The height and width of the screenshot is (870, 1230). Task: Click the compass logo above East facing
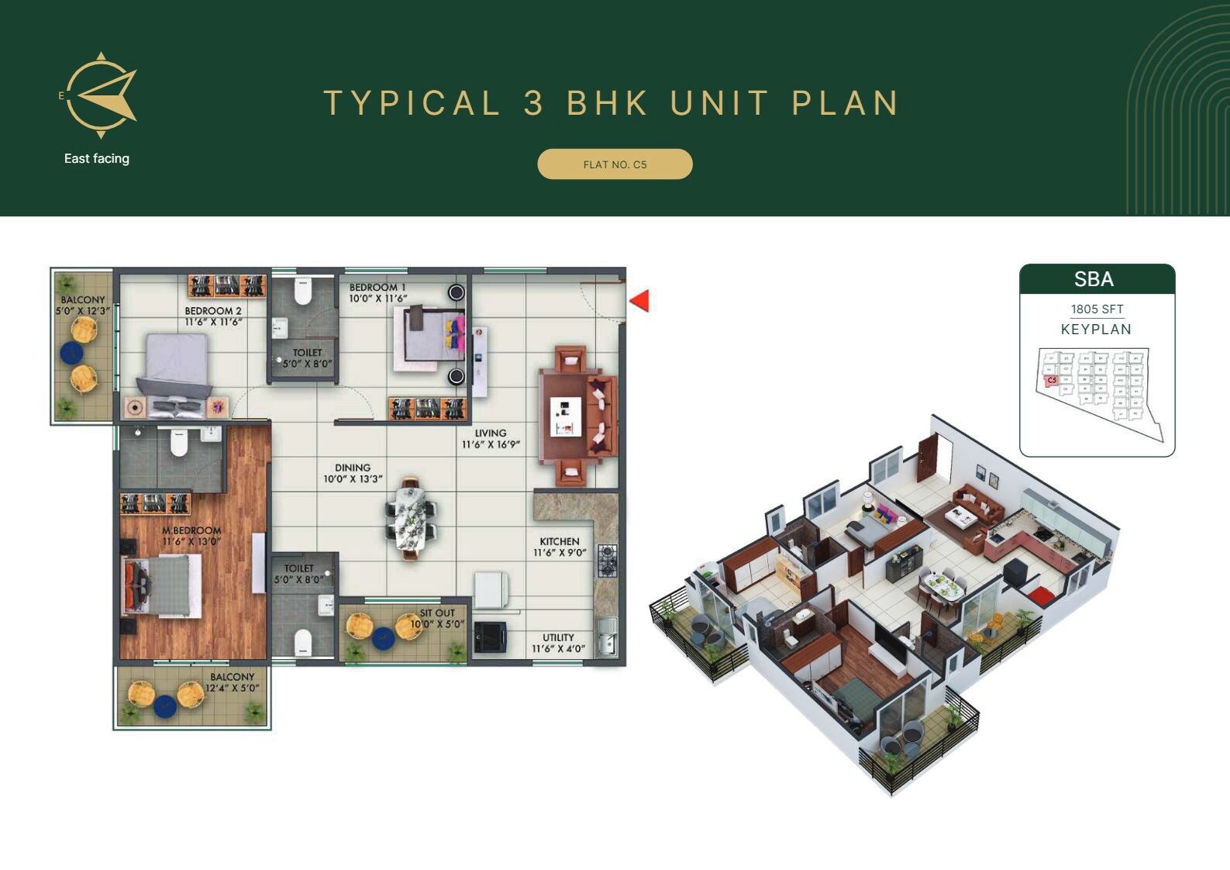101,96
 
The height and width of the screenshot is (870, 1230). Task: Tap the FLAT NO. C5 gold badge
615,164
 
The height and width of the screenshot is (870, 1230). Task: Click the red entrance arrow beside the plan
639,301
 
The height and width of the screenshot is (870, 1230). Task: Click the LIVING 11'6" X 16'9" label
491,439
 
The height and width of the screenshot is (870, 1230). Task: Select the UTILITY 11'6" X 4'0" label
558,643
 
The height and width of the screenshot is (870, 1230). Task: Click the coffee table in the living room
566,416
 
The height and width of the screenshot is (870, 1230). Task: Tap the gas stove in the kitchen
607,561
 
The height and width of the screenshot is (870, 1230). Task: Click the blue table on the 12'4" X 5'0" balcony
164,706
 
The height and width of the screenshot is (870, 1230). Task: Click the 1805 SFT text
1097,309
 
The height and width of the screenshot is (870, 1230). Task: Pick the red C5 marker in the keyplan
1052,381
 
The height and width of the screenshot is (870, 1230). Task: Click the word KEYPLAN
1096,330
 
